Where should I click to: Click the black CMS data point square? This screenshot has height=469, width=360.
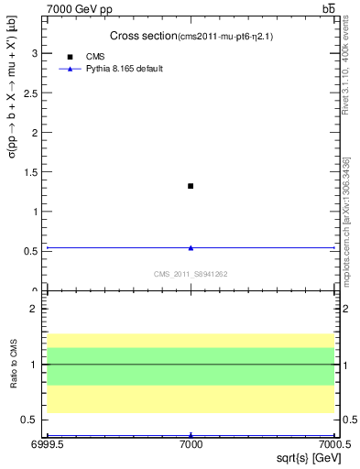click(x=191, y=186)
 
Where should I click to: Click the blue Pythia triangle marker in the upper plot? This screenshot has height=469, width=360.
click(x=191, y=247)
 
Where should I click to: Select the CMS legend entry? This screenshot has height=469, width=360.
click(x=95, y=57)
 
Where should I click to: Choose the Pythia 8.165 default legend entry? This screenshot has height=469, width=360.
click(x=124, y=69)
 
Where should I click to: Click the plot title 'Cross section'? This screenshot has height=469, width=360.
click(x=143, y=36)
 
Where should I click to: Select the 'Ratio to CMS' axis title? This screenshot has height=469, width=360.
click(x=13, y=365)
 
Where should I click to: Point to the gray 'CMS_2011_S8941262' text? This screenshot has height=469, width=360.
click(x=191, y=274)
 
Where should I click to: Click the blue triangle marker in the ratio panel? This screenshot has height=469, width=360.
click(x=191, y=435)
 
